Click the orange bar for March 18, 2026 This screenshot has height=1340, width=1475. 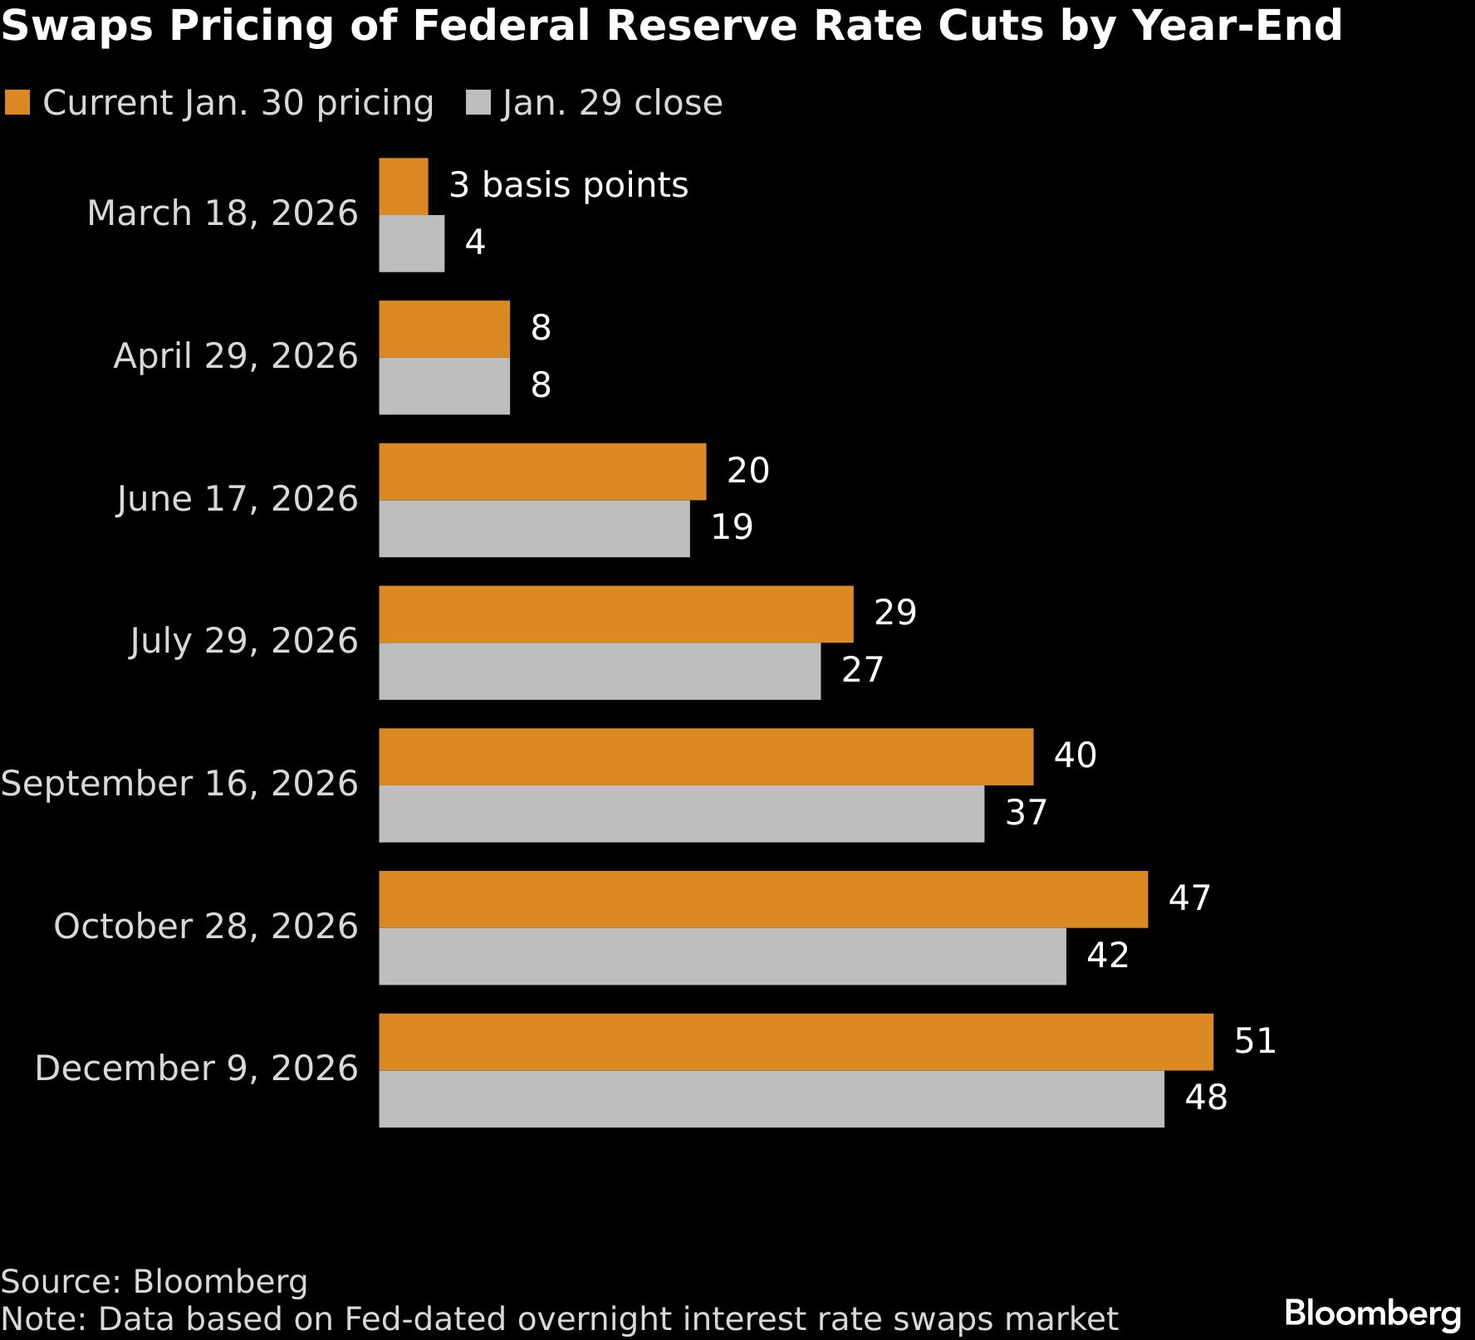pyautogui.click(x=404, y=187)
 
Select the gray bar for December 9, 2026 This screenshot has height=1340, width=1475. pyautogui.click(x=771, y=1098)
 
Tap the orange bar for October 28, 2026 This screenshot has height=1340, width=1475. pyautogui.click(x=763, y=899)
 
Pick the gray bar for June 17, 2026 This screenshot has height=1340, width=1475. pyautogui.click(x=534, y=528)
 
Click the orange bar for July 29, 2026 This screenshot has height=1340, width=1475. pyautogui.click(x=615, y=614)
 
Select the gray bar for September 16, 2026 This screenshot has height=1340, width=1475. pyautogui.click(x=681, y=814)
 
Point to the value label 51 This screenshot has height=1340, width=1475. pyautogui.click(x=1254, y=1041)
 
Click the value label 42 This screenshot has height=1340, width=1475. pyautogui.click(x=1107, y=956)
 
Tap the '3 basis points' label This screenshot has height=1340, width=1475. pyautogui.click(x=568, y=185)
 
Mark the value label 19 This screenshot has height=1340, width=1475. pyautogui.click(x=732, y=527)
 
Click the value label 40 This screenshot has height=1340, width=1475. pyautogui.click(x=1075, y=756)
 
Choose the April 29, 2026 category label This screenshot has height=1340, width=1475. pyautogui.click(x=236, y=356)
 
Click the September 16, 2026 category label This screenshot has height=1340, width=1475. pyautogui.click(x=179, y=784)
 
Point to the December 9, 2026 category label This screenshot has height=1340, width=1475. pyautogui.click(x=196, y=1069)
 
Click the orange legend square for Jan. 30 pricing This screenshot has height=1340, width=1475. pyautogui.click(x=17, y=103)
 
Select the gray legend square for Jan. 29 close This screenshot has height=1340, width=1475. pyautogui.click(x=478, y=103)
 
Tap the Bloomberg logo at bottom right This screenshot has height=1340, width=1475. pyautogui.click(x=1372, y=1313)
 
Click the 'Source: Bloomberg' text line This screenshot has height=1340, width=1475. pyautogui.click(x=154, y=1282)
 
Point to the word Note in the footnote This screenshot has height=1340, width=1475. pyautogui.click(x=42, y=1319)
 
